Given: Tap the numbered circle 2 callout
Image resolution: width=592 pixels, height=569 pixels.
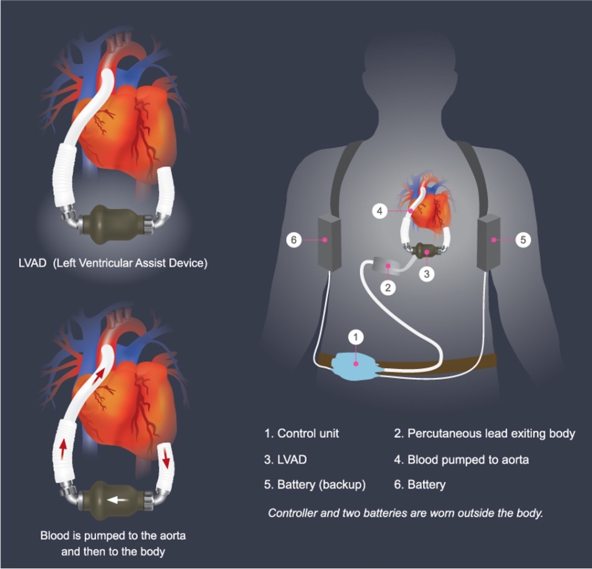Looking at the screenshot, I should point(388,287).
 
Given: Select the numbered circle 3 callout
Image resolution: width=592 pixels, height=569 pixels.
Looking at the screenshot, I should point(427,274).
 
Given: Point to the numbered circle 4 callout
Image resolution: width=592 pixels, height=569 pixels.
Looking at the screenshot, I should point(379,212).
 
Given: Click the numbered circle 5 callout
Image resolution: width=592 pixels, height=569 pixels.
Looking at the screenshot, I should point(523,239).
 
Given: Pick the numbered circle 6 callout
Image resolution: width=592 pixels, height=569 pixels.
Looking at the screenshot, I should point(294,239).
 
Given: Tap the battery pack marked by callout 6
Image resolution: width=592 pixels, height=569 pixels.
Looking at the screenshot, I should point(330,242).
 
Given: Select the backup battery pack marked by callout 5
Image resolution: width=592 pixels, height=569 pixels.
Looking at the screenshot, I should point(489,242).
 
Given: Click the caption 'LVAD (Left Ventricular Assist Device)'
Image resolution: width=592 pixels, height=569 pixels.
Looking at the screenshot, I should point(113,263).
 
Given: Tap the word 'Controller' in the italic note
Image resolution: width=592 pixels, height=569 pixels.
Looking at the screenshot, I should point(294,513).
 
